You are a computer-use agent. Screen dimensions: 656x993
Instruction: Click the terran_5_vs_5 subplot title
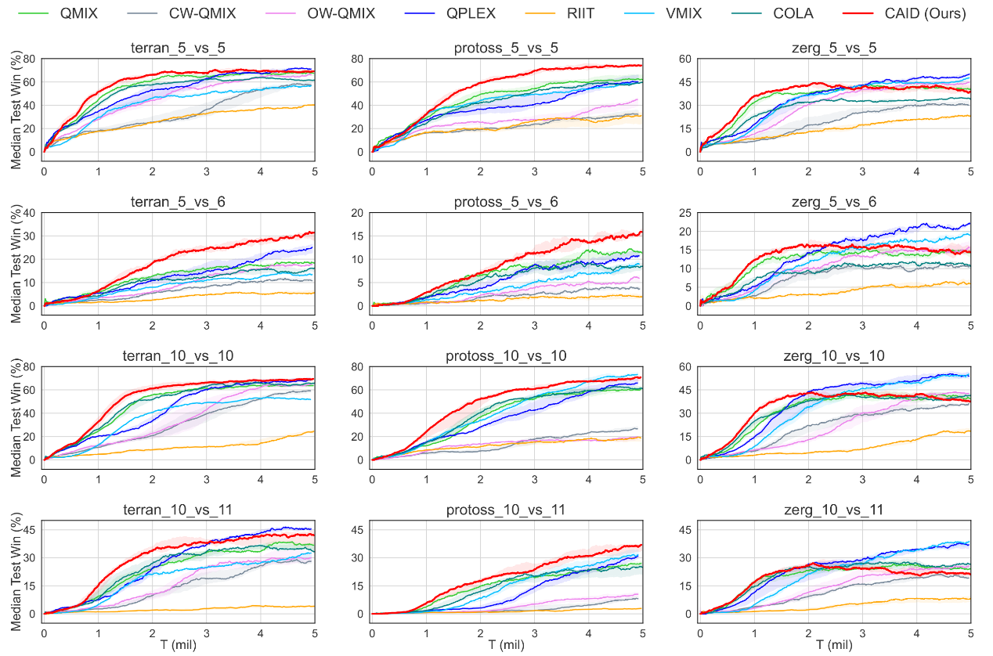(179, 49)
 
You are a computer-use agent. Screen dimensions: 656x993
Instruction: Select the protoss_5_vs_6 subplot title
(506, 202)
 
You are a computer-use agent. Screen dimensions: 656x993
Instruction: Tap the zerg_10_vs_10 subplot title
(835, 356)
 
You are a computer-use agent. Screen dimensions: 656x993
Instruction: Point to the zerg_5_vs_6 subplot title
(835, 202)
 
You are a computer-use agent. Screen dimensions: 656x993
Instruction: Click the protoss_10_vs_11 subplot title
(506, 510)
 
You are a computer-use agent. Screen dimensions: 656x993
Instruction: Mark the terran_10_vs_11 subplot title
(179, 510)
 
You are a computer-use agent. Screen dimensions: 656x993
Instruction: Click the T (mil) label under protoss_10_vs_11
(506, 645)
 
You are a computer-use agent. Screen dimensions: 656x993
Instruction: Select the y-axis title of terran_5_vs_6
(16, 263)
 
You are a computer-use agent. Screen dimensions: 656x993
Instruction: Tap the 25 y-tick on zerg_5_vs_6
(685, 212)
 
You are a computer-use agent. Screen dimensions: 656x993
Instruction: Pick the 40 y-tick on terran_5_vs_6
(30, 212)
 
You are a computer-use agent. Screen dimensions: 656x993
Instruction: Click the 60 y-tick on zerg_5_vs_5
(685, 59)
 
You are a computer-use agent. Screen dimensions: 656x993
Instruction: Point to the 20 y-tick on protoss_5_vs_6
(358, 212)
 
